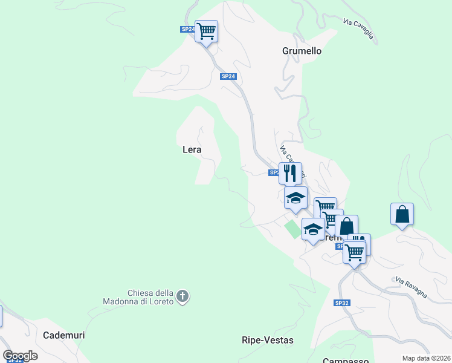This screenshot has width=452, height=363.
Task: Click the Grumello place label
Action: point(302,51)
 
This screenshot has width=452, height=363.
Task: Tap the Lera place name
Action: point(192,149)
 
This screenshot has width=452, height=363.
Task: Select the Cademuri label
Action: point(64,335)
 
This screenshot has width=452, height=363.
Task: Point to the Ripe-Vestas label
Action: point(267,340)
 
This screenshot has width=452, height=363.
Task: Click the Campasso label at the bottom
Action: point(346,361)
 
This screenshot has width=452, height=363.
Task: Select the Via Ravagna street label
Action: point(412,288)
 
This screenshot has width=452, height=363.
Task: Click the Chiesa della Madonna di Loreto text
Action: point(151,296)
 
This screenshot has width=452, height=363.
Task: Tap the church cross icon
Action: point(183,296)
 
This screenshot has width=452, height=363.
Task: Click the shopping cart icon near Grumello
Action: point(206,31)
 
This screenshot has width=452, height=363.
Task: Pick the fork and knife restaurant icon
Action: point(290,173)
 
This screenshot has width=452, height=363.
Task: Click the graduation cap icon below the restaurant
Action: point(295,198)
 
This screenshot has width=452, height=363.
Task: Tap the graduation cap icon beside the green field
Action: point(312,229)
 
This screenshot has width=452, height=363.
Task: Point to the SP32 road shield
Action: point(341,302)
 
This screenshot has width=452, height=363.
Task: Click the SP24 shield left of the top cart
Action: point(187,29)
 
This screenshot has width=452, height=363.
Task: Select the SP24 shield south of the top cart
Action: point(227,76)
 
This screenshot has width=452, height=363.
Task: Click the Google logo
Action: point(21,356)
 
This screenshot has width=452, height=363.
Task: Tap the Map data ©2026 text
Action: point(426,358)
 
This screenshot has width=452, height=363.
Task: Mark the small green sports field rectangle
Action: point(293,229)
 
